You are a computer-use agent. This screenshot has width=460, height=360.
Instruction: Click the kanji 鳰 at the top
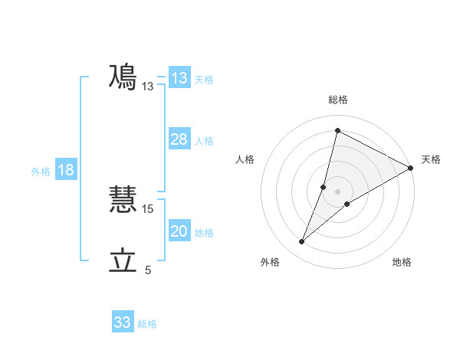click(x=123, y=77)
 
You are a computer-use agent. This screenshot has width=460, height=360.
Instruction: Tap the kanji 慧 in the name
click(x=123, y=198)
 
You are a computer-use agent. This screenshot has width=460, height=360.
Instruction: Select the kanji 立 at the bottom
click(x=123, y=261)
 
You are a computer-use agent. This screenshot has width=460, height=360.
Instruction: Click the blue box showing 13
click(x=179, y=78)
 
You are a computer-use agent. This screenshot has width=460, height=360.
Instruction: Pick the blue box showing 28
click(x=179, y=139)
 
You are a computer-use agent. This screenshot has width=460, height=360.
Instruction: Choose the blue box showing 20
click(x=179, y=232)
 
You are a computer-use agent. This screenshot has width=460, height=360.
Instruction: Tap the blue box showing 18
click(x=66, y=170)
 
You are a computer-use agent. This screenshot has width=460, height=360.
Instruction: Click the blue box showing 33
click(x=123, y=322)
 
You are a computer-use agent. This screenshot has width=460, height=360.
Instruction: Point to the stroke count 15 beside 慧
click(x=149, y=208)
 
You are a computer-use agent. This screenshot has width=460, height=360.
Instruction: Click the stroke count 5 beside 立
click(x=148, y=270)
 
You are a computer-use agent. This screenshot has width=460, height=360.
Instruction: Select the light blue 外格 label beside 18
click(x=41, y=172)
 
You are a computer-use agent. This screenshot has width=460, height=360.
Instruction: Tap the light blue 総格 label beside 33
click(x=147, y=324)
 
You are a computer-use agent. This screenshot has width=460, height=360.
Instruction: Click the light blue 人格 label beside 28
click(x=204, y=141)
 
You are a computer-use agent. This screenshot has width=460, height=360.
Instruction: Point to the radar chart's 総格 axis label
click(x=338, y=100)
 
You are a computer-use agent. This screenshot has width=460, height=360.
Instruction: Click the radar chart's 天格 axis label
click(x=431, y=159)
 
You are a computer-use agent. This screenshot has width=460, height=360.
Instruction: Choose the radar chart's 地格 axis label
click(x=402, y=262)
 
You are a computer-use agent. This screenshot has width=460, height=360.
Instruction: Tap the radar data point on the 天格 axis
click(x=411, y=168)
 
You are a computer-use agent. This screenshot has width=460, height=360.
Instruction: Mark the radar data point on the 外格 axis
click(x=302, y=242)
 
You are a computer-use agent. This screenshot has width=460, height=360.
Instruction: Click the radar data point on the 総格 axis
click(x=337, y=130)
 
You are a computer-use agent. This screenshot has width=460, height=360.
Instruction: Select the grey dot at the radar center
click(x=338, y=191)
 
